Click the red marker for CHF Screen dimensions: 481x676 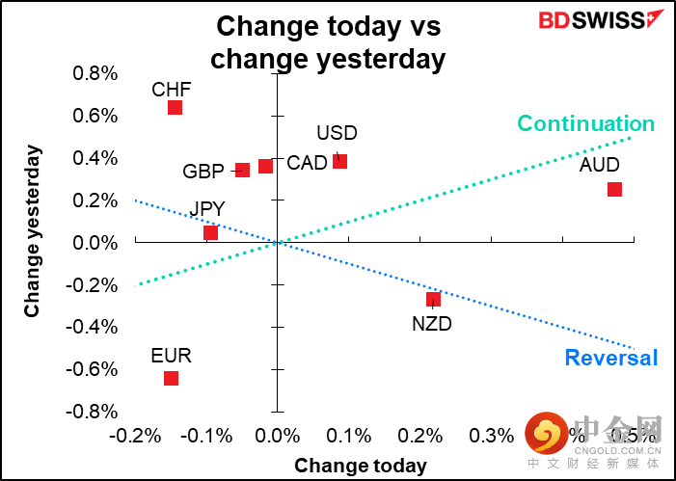click(x=175, y=107)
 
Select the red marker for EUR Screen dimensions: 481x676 click(x=171, y=378)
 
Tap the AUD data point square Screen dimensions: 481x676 click(x=614, y=189)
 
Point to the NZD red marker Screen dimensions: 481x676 click(x=433, y=299)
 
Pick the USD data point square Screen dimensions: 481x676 click(x=339, y=161)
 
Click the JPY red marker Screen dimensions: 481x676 click(x=210, y=232)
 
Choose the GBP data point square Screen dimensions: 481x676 click(x=242, y=170)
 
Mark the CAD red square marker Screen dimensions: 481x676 click(x=265, y=166)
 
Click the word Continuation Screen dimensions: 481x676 click(x=585, y=123)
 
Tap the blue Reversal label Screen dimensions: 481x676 click(x=610, y=359)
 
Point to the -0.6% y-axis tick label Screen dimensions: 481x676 click(x=94, y=369)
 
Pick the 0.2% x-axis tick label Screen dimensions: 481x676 click(x=419, y=436)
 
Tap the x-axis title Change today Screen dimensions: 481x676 click(x=360, y=466)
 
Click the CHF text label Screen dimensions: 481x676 click(x=172, y=90)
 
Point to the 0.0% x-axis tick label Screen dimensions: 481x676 click(x=277, y=436)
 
